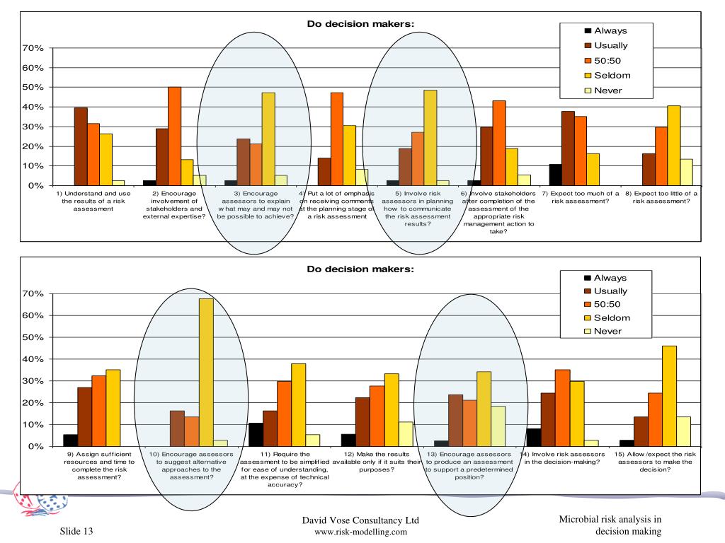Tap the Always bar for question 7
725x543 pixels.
tap(555, 175)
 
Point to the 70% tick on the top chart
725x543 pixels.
tap(33, 48)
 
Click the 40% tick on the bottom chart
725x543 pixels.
tap(33, 359)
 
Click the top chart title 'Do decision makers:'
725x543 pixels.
tap(360, 24)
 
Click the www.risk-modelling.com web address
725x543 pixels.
tap(360, 532)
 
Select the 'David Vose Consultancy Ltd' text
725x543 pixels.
tap(360, 521)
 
